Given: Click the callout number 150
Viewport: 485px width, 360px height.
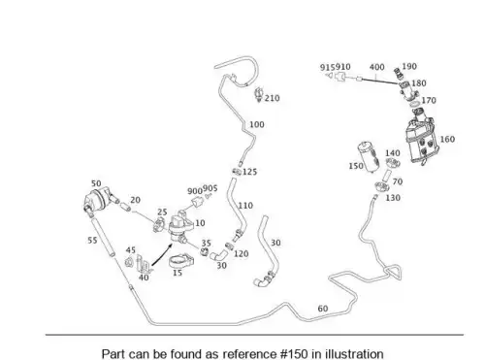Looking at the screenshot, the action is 356,166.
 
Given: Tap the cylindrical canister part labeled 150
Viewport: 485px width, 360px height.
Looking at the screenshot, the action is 368,156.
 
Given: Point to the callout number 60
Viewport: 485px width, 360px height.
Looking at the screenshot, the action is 323,309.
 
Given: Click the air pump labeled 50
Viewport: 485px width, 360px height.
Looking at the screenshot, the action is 99,200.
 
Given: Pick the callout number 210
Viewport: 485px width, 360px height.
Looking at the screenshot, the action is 272,98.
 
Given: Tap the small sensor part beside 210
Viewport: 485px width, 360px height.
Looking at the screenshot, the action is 259,94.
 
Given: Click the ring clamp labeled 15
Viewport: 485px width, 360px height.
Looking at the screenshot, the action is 181,261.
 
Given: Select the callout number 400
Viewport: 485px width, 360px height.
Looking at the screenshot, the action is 376,67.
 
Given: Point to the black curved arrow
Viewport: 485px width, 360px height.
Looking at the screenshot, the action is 162,256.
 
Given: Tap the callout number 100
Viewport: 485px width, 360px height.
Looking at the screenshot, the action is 257,124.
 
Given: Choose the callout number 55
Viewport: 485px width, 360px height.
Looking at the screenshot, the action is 92,241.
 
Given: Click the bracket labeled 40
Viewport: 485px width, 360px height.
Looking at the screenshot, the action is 144,264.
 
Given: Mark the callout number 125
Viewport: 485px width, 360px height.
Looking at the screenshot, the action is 249,172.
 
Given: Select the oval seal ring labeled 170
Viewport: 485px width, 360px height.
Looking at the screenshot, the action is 414,104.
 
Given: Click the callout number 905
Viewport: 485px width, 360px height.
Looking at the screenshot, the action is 210,188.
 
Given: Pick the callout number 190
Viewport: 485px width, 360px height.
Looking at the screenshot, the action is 409,66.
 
